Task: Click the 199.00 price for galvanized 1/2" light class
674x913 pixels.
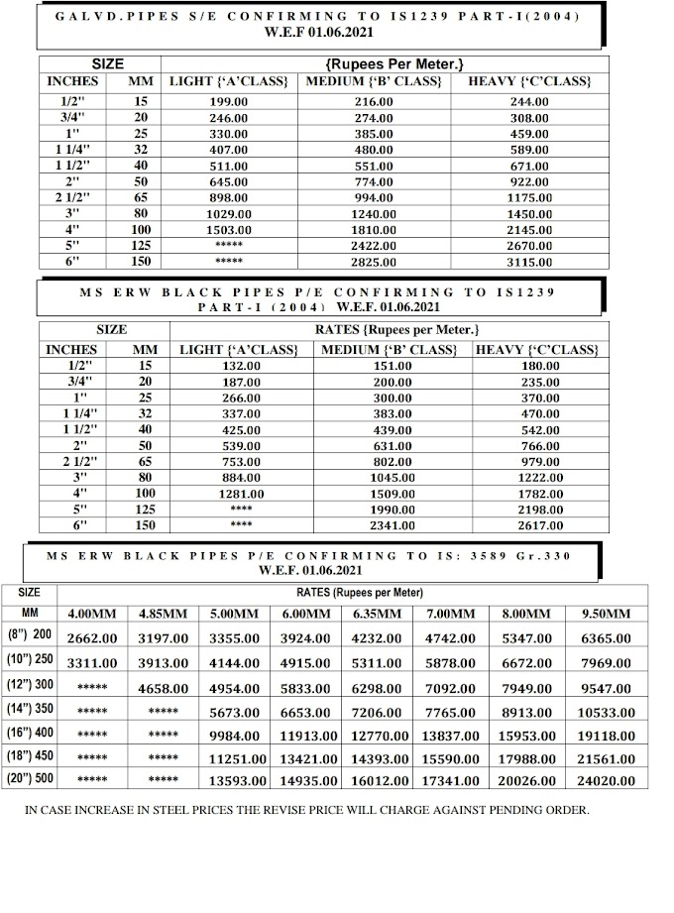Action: tap(228, 102)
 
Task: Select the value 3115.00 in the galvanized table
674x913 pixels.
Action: tap(528, 262)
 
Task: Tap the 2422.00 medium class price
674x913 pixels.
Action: tap(373, 246)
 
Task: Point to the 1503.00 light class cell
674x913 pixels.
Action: tap(228, 230)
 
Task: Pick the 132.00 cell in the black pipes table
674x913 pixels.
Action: tap(240, 366)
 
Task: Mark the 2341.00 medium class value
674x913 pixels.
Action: tap(393, 525)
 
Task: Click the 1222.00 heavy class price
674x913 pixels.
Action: tap(540, 478)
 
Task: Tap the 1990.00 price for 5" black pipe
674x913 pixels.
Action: tap(393, 510)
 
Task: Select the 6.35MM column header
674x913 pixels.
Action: tap(378, 615)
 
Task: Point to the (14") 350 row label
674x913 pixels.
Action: tap(30, 710)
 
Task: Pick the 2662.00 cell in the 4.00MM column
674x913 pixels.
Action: tap(92, 639)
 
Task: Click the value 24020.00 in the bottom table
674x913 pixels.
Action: tap(604, 780)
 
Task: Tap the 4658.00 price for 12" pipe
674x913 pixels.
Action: tap(163, 688)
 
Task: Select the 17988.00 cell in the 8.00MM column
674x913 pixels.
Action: tap(525, 758)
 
